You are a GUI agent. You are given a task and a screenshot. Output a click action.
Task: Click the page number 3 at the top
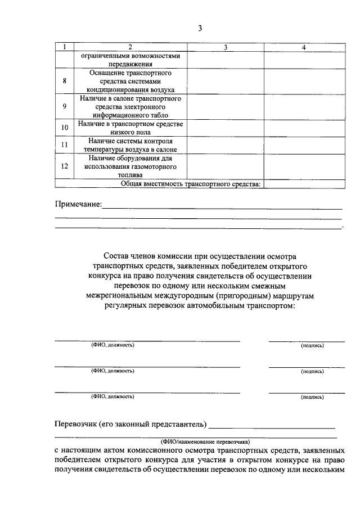tap(199, 29)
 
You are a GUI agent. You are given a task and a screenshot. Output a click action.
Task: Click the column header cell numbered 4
tap(303, 48)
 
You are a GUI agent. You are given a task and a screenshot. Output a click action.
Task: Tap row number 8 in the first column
tap(64, 81)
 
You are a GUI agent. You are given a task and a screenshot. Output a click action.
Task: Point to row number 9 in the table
tap(64, 106)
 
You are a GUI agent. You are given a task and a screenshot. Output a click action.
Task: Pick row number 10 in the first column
tap(64, 128)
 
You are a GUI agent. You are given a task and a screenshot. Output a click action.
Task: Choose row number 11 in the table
tap(64, 145)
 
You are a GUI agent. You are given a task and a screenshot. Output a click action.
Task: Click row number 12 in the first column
tap(64, 166)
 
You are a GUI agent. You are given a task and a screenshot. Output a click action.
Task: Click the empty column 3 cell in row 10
tap(225, 128)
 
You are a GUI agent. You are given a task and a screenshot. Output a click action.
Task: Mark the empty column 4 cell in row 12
tap(303, 166)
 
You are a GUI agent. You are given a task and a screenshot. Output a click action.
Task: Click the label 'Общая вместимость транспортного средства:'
tap(191, 183)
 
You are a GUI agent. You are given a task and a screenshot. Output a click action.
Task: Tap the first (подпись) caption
tap(312, 345)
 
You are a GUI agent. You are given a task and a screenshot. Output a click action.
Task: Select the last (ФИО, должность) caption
tap(112, 397)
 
